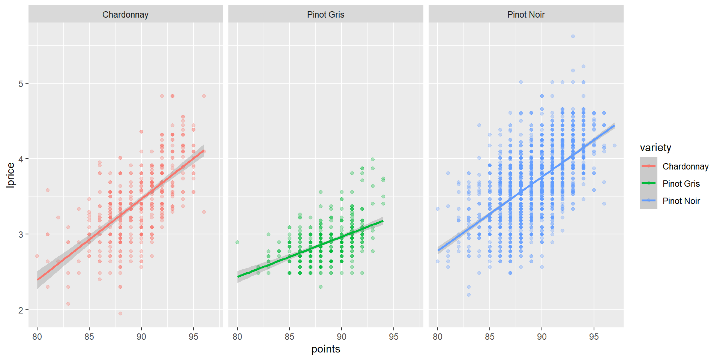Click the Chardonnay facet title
point(125,15)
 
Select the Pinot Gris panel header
point(325,15)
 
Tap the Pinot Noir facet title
point(526,15)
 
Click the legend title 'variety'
point(655,148)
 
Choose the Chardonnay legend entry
point(685,166)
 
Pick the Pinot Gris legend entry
point(681,184)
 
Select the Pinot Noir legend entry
point(681,201)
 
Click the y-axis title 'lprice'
point(11,175)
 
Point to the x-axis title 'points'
point(325,349)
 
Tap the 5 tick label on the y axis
point(21,84)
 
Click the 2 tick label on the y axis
point(21,310)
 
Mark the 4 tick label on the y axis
point(21,159)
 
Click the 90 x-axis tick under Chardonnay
point(141,337)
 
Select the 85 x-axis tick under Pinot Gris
point(289,337)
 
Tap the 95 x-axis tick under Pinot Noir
point(594,337)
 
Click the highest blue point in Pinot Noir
point(573,36)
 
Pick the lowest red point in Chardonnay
point(120,313)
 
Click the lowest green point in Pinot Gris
point(321,287)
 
